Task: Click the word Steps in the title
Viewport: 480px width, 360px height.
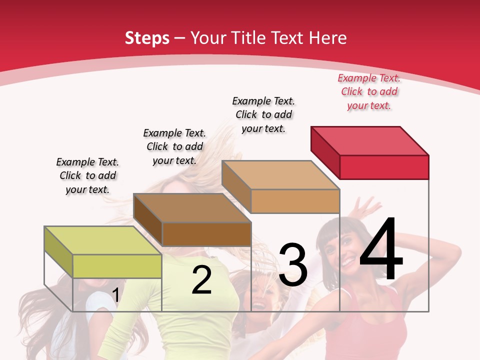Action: coord(147,38)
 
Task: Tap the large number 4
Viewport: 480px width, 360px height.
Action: coord(381,250)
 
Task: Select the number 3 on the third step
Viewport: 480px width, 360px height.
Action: coord(293,265)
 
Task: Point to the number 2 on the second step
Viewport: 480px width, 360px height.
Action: coord(202,280)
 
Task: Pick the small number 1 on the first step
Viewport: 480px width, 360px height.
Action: coord(116,295)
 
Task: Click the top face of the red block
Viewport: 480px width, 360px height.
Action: coord(370,140)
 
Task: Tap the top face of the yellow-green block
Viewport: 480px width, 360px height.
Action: coord(103,240)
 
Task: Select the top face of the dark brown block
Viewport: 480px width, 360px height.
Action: coord(192,207)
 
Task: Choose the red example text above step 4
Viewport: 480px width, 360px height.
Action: coord(369,91)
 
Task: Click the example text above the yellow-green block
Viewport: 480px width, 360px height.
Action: coord(87,175)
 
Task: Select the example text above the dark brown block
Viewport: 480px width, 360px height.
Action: coord(174,146)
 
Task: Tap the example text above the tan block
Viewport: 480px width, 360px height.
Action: coord(263,114)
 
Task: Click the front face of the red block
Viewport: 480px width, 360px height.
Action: coord(384,167)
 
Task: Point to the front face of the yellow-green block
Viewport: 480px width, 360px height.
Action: coord(117,266)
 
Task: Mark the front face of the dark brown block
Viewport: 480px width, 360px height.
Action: coord(206,234)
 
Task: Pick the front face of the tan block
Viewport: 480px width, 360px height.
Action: coord(295,201)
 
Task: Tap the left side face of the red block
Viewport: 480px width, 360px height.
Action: coord(325,150)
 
